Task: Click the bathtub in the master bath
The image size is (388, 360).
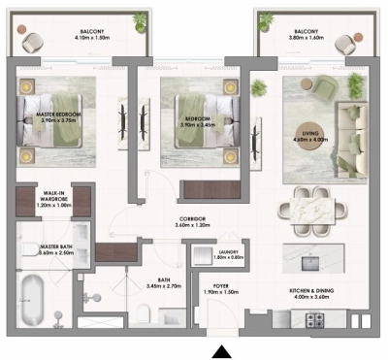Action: pyautogui.click(x=36, y=295)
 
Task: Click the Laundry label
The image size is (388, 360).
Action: pyautogui.click(x=229, y=255)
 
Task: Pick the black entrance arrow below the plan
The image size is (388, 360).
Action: pyautogui.click(x=222, y=351)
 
